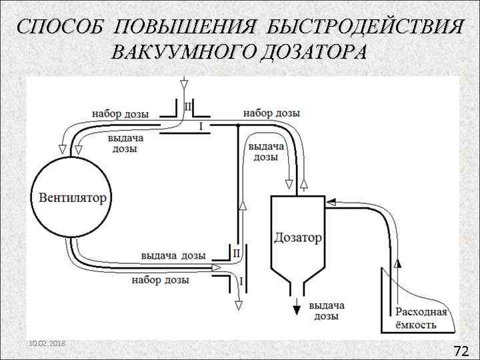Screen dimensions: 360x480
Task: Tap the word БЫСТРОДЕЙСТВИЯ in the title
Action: point(364,28)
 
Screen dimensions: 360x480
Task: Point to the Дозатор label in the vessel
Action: point(297,237)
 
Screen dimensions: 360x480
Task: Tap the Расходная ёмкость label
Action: point(421,319)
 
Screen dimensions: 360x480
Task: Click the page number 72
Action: point(461,351)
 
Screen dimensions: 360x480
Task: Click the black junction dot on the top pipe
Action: point(238,125)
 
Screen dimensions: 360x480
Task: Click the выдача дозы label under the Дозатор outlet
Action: point(326,311)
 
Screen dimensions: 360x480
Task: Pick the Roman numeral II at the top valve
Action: point(187,107)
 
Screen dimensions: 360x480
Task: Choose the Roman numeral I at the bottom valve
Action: point(241,281)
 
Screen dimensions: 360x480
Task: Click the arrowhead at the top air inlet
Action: point(184,83)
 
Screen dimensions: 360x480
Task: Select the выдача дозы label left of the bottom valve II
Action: point(173,255)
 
